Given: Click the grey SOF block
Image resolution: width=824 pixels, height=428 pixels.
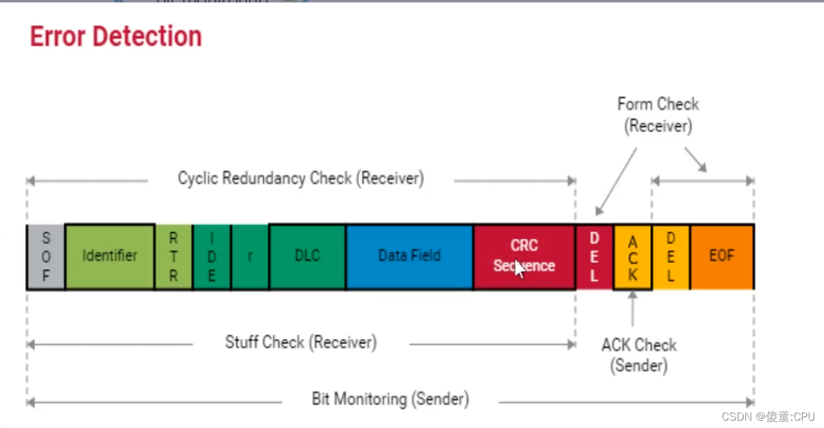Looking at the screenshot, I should (46, 256).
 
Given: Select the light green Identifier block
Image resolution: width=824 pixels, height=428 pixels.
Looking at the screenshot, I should (110, 256).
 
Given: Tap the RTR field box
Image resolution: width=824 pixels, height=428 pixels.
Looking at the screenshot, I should (174, 256).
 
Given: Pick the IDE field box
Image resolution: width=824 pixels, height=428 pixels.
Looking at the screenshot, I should (211, 256).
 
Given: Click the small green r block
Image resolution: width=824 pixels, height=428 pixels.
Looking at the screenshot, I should (250, 256).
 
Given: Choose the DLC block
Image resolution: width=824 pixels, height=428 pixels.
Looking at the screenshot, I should (307, 256).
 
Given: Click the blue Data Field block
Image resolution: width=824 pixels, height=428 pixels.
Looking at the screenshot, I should (409, 256).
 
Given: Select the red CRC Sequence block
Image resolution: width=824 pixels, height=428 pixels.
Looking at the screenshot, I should (524, 256).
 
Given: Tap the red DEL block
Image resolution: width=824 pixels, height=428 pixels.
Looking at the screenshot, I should (594, 256).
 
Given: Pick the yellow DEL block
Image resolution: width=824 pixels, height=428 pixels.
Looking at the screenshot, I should (670, 256).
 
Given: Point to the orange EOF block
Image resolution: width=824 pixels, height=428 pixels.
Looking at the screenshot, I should (722, 256).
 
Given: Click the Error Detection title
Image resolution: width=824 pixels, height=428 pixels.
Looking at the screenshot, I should (116, 37).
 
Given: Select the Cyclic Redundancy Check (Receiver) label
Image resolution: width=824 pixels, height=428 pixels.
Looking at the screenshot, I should (300, 179).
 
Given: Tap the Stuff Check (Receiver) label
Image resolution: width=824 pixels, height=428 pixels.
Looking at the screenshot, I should (300, 343).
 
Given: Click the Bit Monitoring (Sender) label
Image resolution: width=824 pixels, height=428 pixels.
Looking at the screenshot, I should (390, 400).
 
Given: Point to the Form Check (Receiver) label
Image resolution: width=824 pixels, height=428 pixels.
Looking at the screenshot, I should (658, 115).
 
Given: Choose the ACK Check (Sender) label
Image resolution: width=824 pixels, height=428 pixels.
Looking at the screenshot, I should (639, 355).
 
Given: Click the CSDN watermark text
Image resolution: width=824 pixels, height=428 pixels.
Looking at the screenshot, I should (768, 417).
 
